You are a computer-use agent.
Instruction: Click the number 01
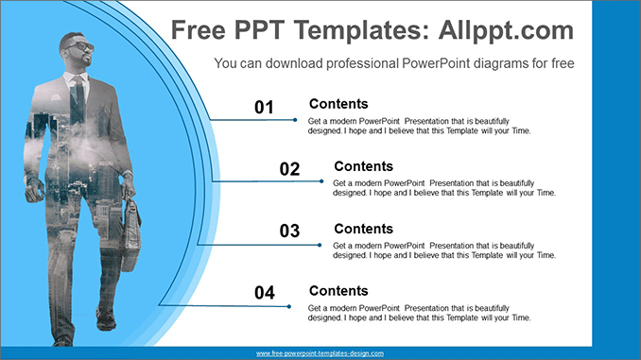(264, 108)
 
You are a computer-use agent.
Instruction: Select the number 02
(289, 169)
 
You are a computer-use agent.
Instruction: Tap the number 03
(289, 231)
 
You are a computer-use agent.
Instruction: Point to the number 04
(264, 294)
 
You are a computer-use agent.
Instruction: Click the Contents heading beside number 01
(338, 104)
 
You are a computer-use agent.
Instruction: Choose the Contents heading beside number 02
(363, 166)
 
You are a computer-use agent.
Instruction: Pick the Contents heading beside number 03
(363, 229)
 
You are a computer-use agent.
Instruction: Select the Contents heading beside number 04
(338, 291)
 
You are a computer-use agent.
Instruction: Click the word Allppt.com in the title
(507, 30)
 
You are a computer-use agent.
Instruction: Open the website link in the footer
(320, 353)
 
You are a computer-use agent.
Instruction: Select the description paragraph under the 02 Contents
(444, 187)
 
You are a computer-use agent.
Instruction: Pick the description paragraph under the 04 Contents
(420, 312)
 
